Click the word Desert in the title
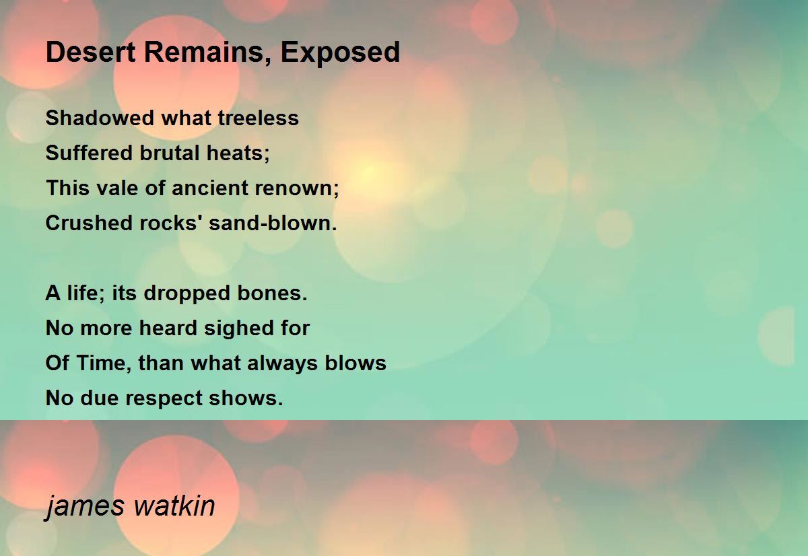[x=90, y=53]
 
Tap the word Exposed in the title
[x=340, y=54]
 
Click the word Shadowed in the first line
[x=100, y=118]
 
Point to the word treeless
[x=259, y=118]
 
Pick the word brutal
[x=169, y=153]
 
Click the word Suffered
[x=89, y=153]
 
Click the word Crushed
[x=89, y=223]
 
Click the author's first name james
[x=85, y=506]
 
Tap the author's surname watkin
[x=174, y=506]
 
